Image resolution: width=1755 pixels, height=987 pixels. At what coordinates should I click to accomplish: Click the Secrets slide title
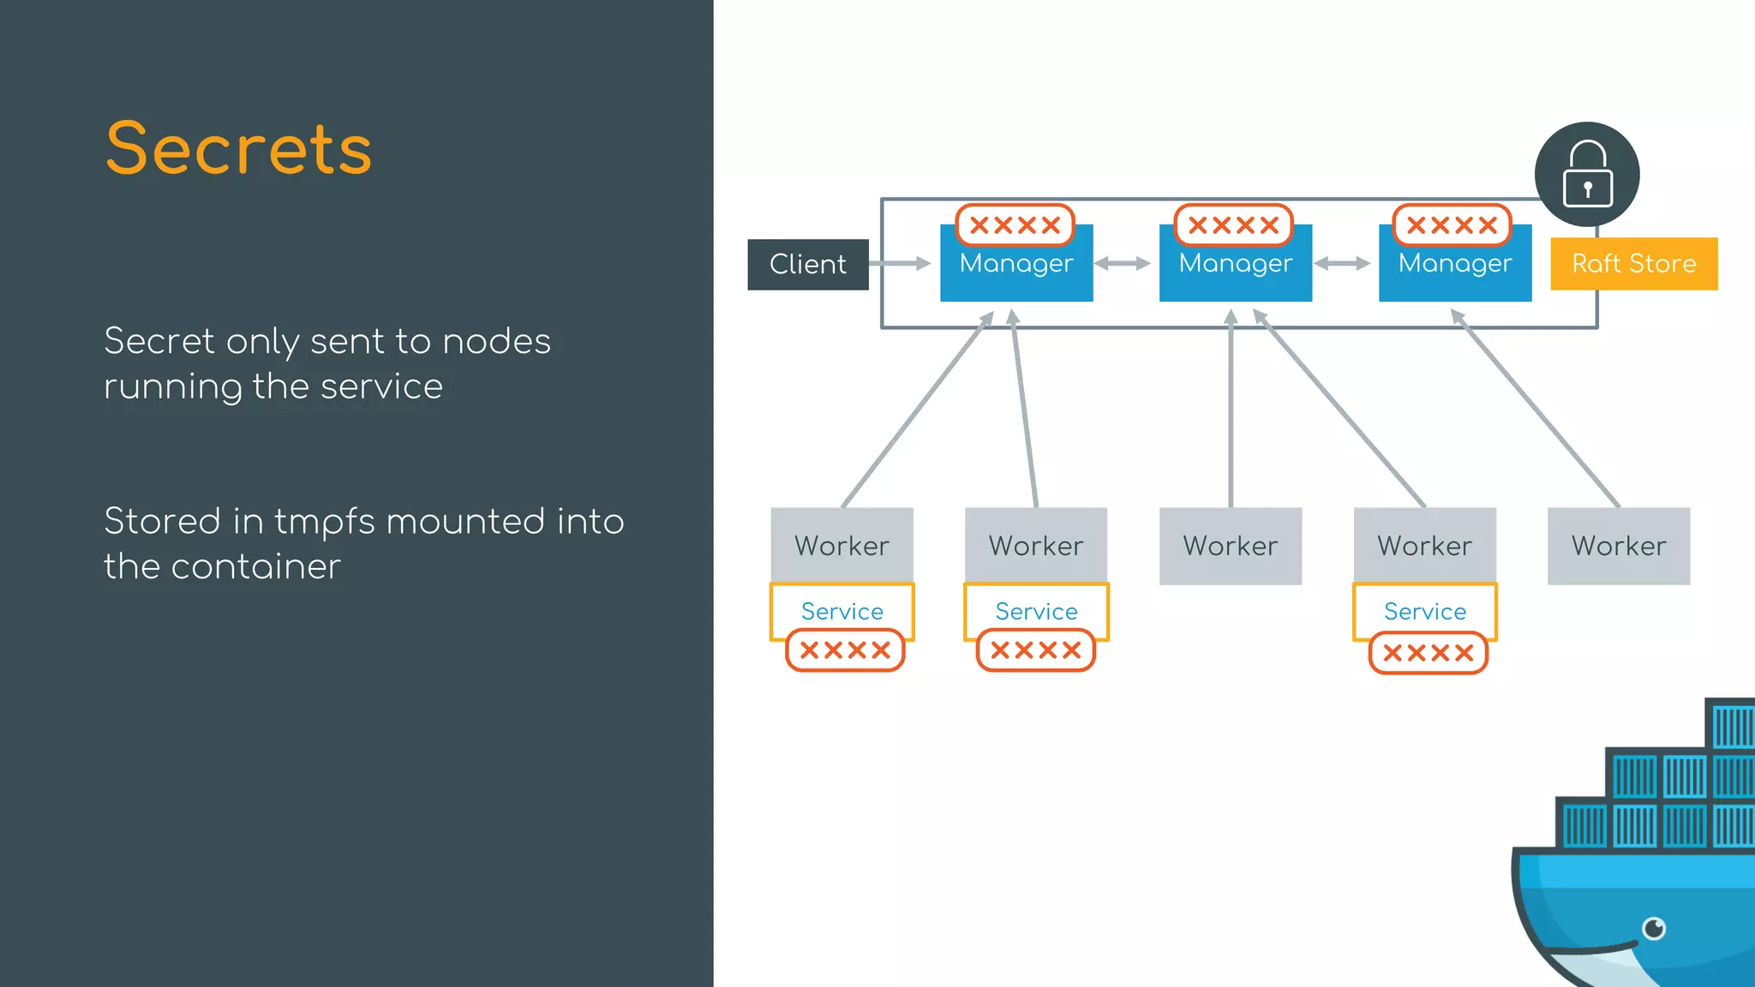point(238,149)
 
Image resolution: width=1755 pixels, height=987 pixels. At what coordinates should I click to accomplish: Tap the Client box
point(807,264)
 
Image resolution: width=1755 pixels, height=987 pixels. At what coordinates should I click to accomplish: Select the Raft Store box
point(1633,263)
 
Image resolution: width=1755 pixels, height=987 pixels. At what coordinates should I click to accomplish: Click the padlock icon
point(1587,174)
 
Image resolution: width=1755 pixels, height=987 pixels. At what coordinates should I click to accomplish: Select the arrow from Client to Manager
point(900,263)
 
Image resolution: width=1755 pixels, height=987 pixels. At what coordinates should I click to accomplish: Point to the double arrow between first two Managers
point(1123,263)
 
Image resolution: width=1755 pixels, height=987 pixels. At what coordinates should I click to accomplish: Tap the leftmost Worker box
point(842,546)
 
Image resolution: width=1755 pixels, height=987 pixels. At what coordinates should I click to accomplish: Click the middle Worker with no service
point(1230,546)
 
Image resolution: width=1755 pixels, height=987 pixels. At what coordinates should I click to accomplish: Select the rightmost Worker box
point(1618,546)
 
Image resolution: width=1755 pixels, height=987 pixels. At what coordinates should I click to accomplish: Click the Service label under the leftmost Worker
point(842,611)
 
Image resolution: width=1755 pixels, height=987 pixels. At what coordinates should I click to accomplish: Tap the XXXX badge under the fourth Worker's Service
point(1428,653)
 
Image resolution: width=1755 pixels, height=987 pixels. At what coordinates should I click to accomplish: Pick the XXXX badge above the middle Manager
point(1233,225)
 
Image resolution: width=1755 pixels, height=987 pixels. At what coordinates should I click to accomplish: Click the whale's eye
point(1653,928)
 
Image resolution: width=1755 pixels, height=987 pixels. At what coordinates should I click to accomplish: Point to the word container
point(255,567)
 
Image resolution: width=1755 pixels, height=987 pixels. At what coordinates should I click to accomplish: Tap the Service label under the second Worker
point(1036,611)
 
